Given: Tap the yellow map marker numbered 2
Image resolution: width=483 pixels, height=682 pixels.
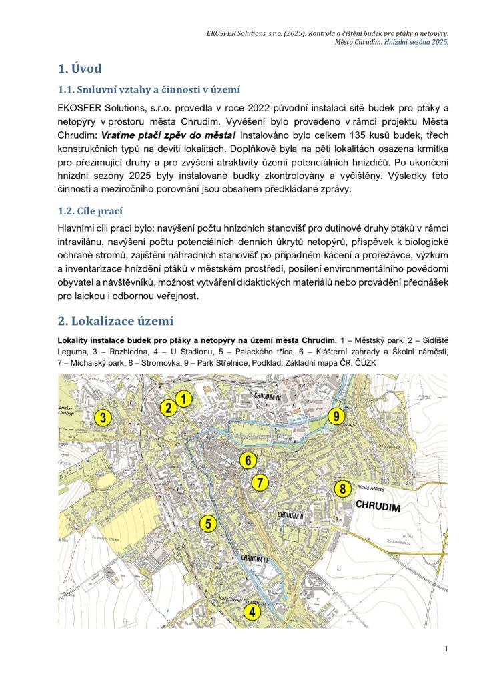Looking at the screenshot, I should (x=169, y=408).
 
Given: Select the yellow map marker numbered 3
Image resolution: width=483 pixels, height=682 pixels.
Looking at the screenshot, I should (x=103, y=418).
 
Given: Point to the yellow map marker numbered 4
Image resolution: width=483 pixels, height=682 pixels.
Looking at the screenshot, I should (x=252, y=611).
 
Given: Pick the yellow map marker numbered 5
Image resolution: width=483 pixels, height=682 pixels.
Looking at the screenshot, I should (x=209, y=523).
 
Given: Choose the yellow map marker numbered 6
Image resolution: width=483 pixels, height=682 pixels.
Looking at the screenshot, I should (x=248, y=460).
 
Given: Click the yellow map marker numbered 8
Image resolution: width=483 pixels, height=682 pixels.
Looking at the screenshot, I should (x=342, y=488).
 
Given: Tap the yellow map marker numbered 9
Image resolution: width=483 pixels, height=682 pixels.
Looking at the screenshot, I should (x=337, y=416).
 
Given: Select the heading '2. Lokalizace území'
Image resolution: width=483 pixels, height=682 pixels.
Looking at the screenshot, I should (x=115, y=320).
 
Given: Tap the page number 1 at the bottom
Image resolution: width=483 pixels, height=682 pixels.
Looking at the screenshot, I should (x=445, y=649).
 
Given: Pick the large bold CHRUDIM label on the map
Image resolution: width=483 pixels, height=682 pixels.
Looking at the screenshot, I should (x=379, y=506).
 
